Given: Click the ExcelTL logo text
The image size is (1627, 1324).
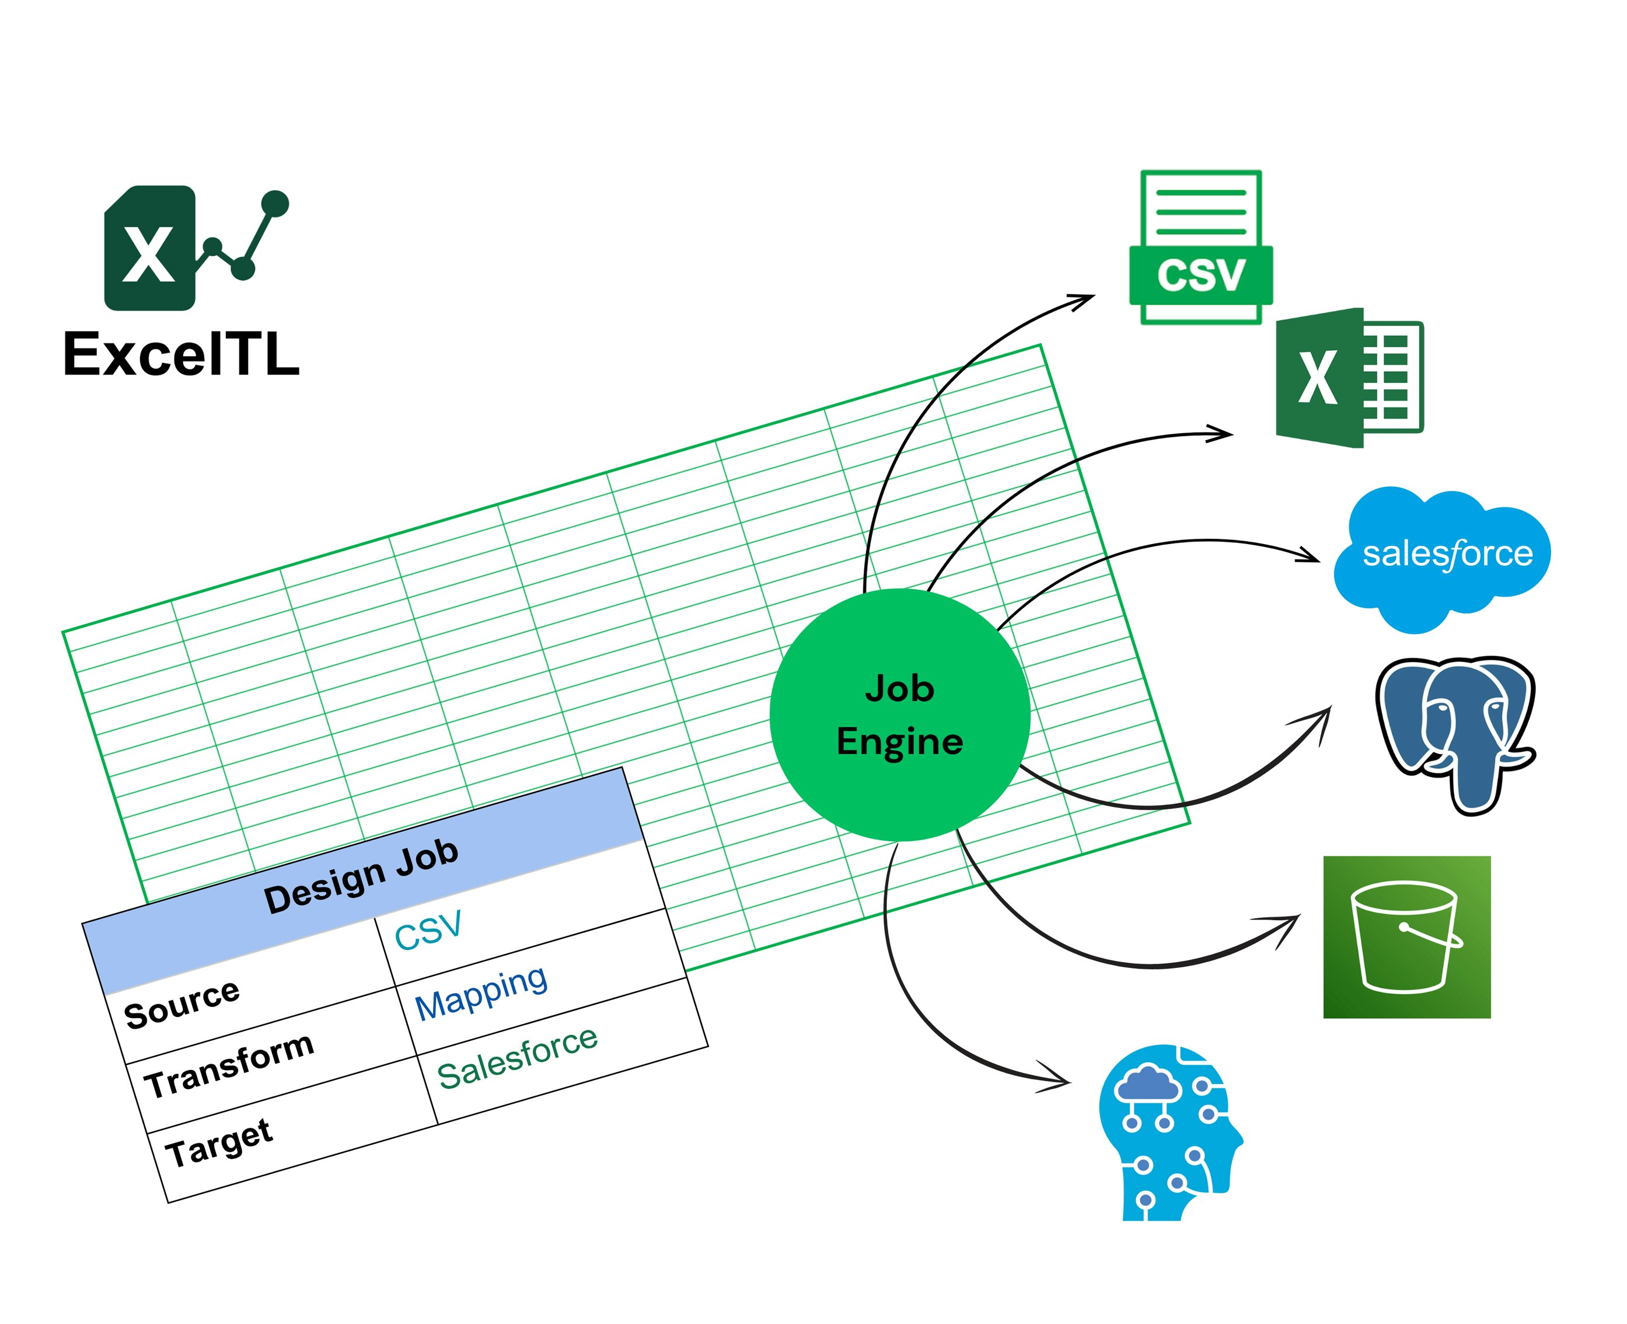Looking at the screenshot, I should coord(181,355).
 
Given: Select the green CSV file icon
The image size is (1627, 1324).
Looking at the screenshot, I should coord(1201,248).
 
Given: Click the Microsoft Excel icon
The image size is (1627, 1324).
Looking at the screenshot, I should coord(1348,378).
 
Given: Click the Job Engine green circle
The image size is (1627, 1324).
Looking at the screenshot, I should coord(900,715).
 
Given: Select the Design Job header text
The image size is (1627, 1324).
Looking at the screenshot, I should coord(361,876).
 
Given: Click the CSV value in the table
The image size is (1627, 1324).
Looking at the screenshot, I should coord(428,931).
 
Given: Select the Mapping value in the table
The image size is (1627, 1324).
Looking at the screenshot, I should coord(481,992).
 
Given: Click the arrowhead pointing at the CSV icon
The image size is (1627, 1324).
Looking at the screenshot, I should coord(1087,299).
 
